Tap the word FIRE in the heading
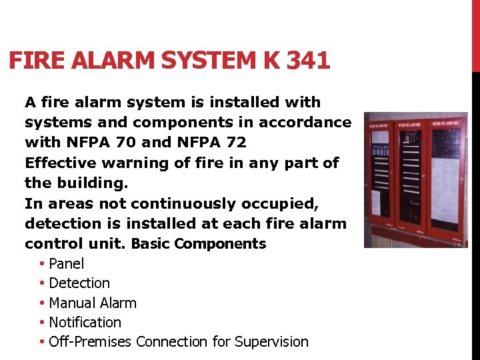tap(34, 61)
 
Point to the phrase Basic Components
tap(199, 244)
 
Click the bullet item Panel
tap(67, 264)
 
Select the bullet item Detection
tap(79, 283)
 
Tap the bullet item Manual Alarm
tap(93, 303)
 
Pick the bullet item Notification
tap(85, 323)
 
